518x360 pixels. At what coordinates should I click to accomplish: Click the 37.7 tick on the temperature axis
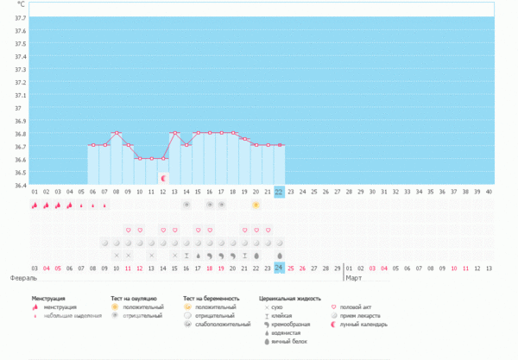tap(18, 18)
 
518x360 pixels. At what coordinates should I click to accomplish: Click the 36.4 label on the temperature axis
tap(18, 185)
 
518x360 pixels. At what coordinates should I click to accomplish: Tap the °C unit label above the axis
tap(21, 5)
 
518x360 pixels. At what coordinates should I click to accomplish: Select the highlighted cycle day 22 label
tap(279, 192)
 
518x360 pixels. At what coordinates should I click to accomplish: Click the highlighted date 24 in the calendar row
tap(279, 268)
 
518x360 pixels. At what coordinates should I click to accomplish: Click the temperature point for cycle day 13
tap(174, 133)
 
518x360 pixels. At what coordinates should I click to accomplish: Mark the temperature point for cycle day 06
tap(93, 145)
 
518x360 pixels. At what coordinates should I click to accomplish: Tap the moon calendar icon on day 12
tap(163, 178)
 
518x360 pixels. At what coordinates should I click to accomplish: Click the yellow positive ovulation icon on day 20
tap(256, 205)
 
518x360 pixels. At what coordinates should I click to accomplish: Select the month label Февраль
tap(23, 279)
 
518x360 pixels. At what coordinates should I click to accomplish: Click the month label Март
tap(353, 279)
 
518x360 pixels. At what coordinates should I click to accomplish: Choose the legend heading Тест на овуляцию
tap(136, 298)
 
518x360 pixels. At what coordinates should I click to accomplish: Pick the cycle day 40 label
tap(489, 192)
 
